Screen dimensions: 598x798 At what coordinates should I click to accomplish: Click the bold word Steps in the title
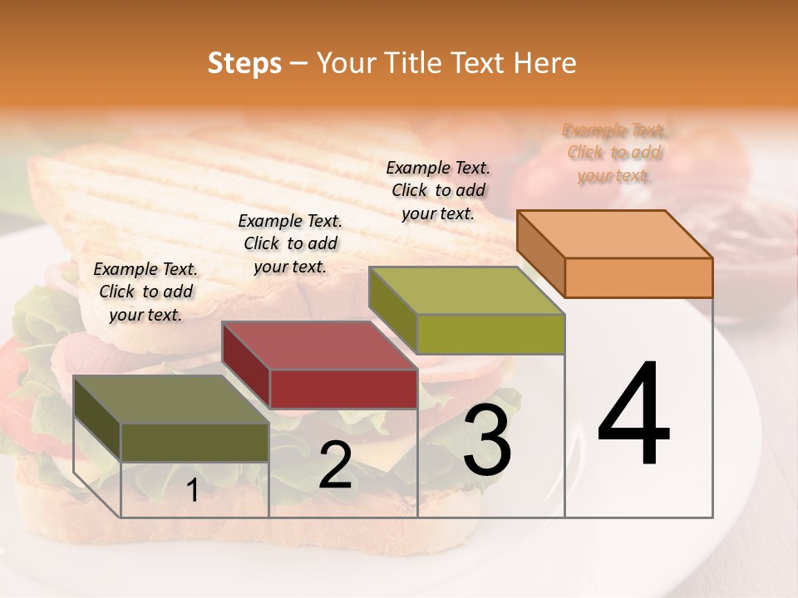[x=244, y=63]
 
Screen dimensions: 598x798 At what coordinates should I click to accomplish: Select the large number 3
[x=487, y=441]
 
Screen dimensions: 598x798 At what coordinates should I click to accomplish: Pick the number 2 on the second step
[x=335, y=466]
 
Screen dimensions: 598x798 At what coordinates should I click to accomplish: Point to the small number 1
[x=192, y=491]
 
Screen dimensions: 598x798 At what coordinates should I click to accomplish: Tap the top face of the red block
[x=320, y=346]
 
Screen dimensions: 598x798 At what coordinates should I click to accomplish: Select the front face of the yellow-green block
[x=490, y=334]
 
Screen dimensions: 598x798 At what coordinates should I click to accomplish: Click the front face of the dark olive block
[x=195, y=442]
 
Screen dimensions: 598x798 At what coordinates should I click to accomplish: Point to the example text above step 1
[x=145, y=292]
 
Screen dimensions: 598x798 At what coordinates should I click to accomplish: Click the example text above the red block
[x=290, y=243]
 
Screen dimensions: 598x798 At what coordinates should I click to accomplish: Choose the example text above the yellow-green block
[x=438, y=190]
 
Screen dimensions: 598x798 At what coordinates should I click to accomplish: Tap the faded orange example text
[x=615, y=153]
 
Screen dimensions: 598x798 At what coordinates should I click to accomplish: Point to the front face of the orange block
[x=638, y=277]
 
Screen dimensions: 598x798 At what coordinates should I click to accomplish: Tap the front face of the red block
[x=343, y=389]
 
